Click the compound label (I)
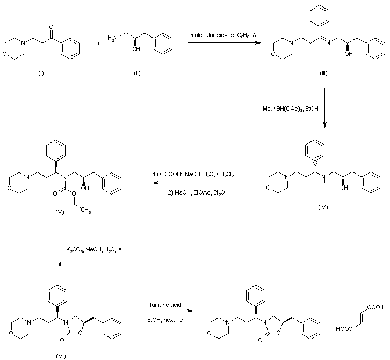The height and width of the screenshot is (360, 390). pos(40,74)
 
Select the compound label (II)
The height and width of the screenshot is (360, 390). pos(137,74)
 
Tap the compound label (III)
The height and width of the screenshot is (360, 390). pos(323,73)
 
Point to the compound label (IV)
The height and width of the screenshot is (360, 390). pos(322,207)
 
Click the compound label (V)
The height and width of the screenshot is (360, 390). pos(60,212)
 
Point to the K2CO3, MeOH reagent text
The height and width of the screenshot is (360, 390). pos(95,250)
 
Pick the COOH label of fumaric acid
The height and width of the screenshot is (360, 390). pos(375,307)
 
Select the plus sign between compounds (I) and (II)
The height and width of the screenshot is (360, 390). pos(99,45)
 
